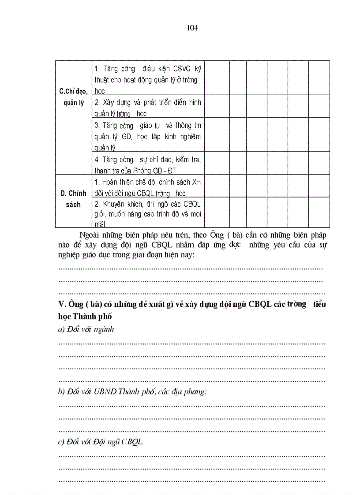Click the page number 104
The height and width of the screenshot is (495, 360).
(x=192, y=28)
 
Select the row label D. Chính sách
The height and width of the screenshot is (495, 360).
(x=73, y=198)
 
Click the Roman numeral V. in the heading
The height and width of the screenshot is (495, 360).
(x=62, y=305)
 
